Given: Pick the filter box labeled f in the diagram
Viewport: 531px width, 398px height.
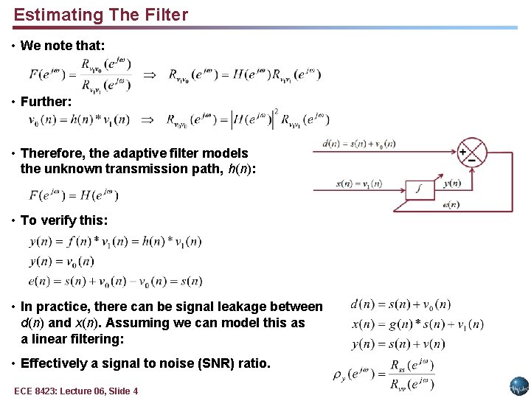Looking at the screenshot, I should [x=420, y=189].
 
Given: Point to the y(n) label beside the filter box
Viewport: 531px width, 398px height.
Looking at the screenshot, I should [x=452, y=183].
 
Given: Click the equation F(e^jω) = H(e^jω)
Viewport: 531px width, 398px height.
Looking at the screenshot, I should [x=73, y=195].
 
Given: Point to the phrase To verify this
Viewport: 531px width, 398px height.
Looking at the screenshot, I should [x=64, y=220].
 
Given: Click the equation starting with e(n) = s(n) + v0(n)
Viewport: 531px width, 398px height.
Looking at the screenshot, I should [x=115, y=281].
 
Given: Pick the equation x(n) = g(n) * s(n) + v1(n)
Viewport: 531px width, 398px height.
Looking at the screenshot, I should [x=417, y=324].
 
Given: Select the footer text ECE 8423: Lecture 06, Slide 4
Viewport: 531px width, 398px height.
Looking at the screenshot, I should [x=76, y=391].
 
